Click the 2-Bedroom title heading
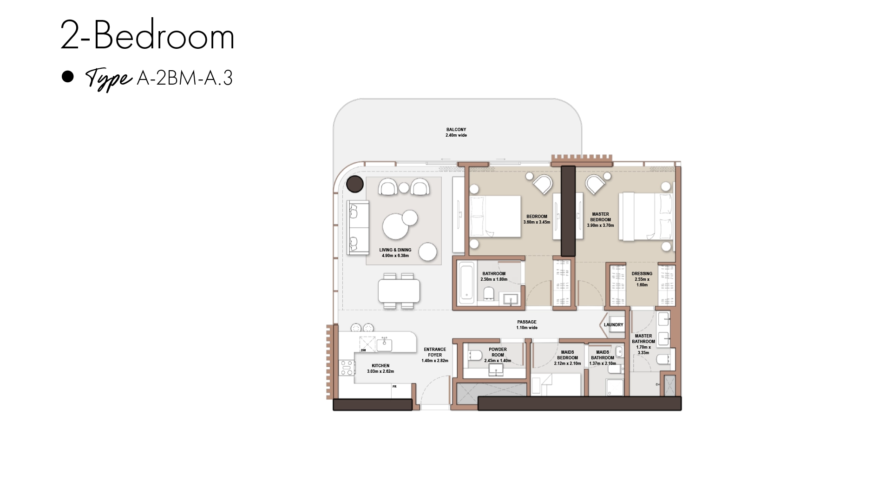tap(147, 36)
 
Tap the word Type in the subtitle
tap(109, 79)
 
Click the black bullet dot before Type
tap(68, 77)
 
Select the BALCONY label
tap(456, 130)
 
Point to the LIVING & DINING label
tap(395, 250)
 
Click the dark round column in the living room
tap(355, 184)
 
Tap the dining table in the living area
tap(399, 291)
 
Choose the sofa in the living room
tap(358, 228)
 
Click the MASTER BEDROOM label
tap(600, 217)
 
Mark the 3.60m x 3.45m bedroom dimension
tap(537, 222)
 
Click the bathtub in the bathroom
tap(466, 283)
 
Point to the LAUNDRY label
tap(613, 325)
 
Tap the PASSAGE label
tap(527, 322)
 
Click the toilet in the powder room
tap(474, 356)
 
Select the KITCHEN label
tap(380, 366)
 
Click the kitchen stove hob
tap(347, 368)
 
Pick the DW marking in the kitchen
tap(363, 350)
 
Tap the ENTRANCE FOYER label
tap(435, 352)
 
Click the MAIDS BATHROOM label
tap(603, 355)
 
